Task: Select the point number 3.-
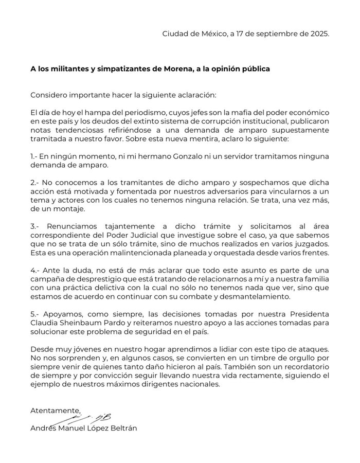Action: [36, 226]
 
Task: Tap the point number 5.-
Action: [36, 314]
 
